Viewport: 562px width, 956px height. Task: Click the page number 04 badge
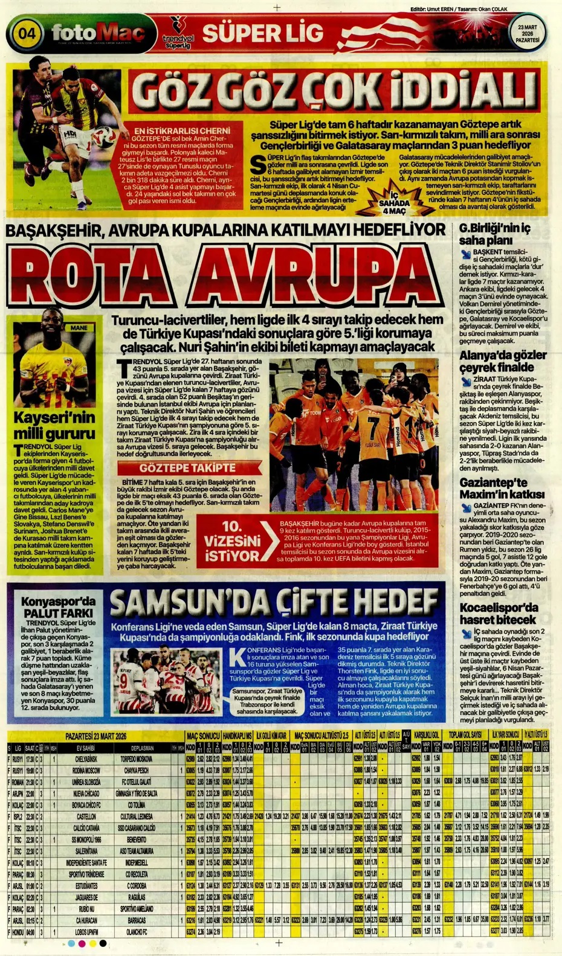pos(26,33)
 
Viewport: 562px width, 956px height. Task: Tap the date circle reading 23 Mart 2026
pos(528,33)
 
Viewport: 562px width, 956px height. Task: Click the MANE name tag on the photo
pos(79,328)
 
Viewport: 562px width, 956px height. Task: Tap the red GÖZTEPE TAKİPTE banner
pos(187,468)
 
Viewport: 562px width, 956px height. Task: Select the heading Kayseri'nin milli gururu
pos(54,425)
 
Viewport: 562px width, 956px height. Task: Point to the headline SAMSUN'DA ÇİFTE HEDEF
pos(275,602)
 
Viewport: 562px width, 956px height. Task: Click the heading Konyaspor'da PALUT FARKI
pos(58,607)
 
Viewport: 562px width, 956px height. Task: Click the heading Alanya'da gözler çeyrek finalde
pos(502,361)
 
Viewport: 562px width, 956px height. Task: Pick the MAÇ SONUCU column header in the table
pos(202,736)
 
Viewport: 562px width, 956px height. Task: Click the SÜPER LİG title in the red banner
pos(263,33)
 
